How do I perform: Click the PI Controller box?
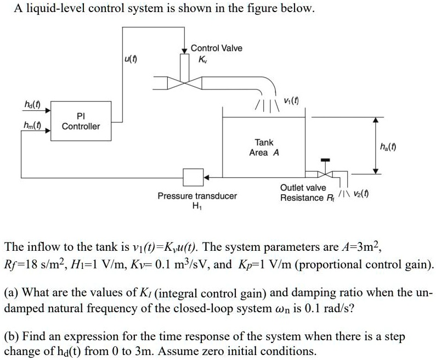pyautogui.click(x=81, y=122)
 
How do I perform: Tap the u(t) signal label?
pyautogui.click(x=131, y=59)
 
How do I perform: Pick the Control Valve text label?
pyautogui.click(x=216, y=48)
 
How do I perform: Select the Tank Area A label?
pyautogui.click(x=264, y=147)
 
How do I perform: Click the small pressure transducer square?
pyautogui.click(x=192, y=177)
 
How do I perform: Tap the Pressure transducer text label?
pyautogui.click(x=197, y=196)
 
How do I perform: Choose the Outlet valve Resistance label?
pyautogui.click(x=303, y=193)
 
